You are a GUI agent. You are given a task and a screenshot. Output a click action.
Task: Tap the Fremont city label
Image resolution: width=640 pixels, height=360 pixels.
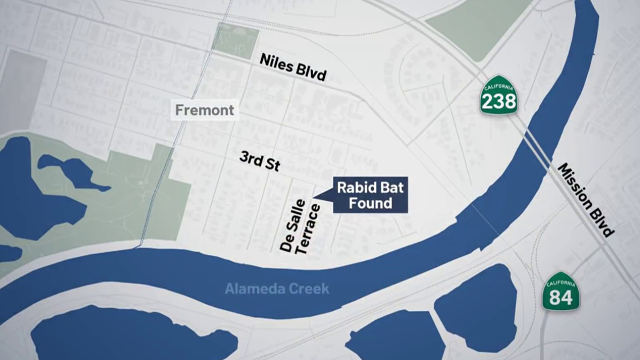[x=205, y=110]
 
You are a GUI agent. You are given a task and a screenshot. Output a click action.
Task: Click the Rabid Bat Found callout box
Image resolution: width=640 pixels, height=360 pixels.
[x=370, y=195]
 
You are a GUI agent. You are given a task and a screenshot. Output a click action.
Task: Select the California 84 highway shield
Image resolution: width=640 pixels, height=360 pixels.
[x=561, y=292]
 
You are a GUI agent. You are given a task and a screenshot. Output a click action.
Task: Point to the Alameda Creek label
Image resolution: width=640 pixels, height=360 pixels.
[x=277, y=289]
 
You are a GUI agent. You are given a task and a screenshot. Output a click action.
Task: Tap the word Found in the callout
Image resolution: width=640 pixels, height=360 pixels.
[x=370, y=203]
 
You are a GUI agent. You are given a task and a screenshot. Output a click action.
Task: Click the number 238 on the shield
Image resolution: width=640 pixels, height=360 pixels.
[x=499, y=100]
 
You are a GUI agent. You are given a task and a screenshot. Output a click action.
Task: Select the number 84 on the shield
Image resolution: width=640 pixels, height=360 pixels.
[x=561, y=297]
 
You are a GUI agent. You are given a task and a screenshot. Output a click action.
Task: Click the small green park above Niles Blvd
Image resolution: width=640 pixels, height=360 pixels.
[x=235, y=40]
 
